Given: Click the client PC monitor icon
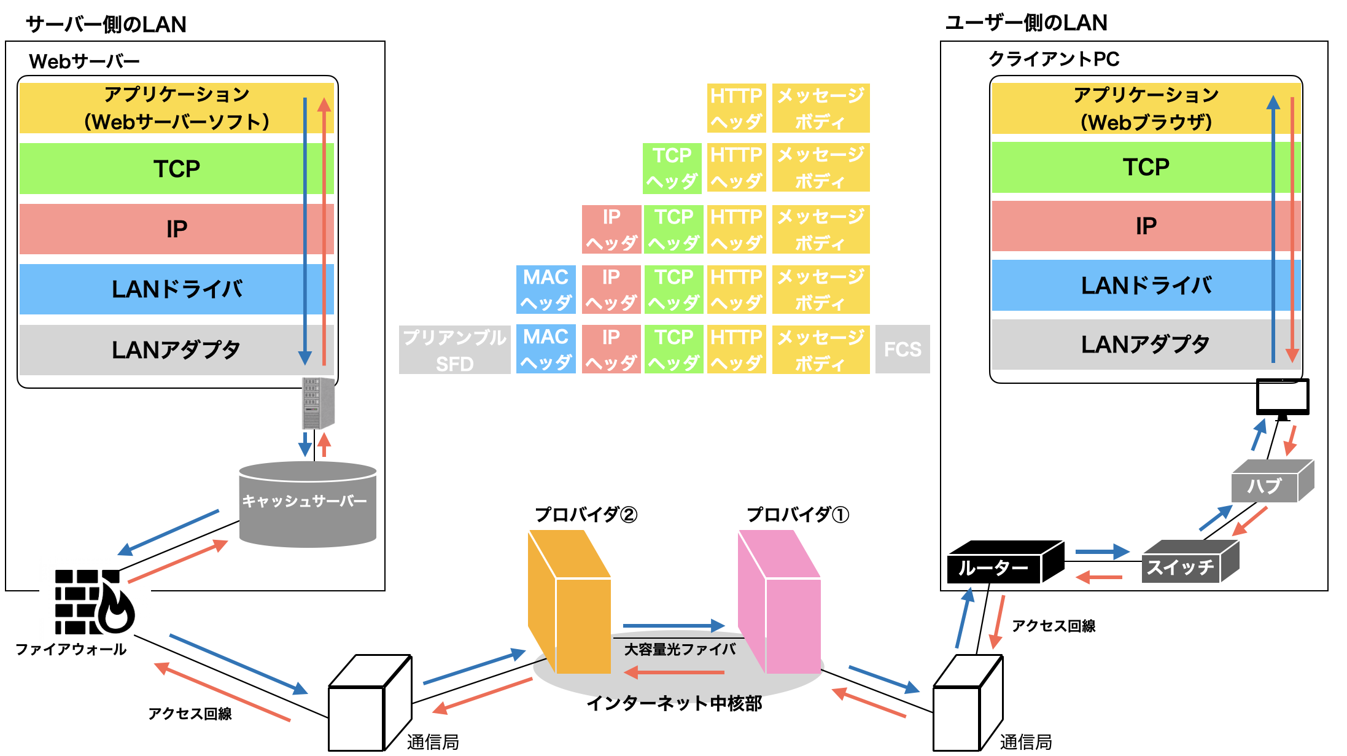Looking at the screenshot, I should [1282, 397].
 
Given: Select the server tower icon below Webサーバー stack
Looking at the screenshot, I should [318, 403].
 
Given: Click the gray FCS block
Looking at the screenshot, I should [902, 349].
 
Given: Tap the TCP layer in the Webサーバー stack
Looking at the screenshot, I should [176, 169].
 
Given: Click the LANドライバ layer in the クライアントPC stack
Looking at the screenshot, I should [1146, 286].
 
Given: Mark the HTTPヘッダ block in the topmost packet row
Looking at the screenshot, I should [736, 108].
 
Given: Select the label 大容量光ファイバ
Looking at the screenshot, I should [680, 649].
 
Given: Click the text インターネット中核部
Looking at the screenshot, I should [674, 703].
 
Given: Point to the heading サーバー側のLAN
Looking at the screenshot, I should [106, 25].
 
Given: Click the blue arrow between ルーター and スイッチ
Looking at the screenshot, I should [1102, 551].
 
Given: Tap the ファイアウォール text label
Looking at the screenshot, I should [71, 649].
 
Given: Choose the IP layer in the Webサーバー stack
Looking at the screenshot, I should [176, 229].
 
